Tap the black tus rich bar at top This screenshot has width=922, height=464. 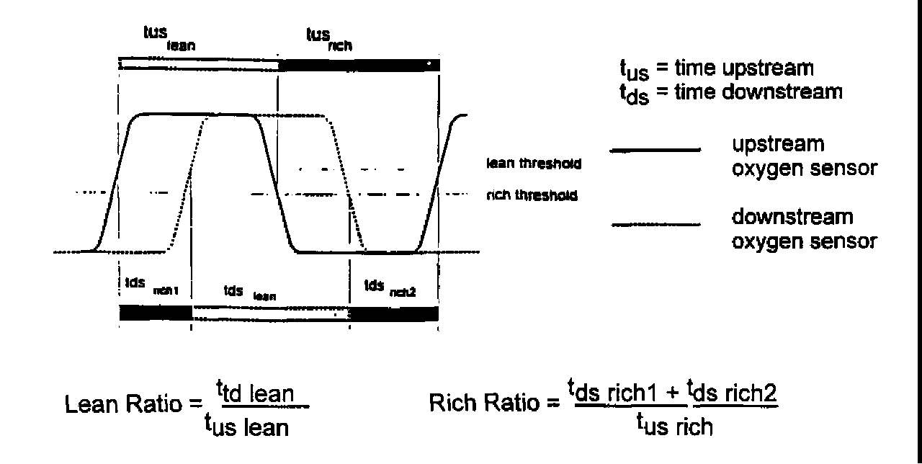tap(358, 66)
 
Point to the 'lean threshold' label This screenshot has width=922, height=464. tap(534, 165)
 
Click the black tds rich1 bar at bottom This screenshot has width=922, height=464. tap(155, 313)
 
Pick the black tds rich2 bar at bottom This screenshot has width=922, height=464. tap(393, 313)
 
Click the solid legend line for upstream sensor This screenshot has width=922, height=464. tap(655, 151)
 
